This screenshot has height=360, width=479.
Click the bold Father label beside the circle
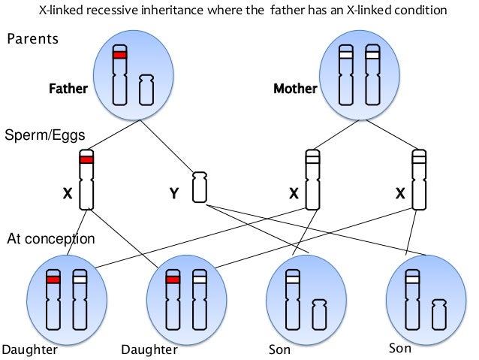coord(68,89)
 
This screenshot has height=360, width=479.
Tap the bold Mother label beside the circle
coord(295,89)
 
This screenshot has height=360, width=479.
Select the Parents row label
coord(32,40)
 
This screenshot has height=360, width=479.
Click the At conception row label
coord(50,239)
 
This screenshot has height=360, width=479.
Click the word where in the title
coord(223,11)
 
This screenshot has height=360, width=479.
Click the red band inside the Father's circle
coord(119,55)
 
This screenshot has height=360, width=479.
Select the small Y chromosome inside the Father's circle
coord(146,89)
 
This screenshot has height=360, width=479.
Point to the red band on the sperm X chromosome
coord(86,159)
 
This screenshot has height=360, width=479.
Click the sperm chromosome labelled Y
coord(199,186)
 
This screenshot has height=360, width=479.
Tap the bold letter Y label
coord(173,194)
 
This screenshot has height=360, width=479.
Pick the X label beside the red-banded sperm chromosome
coord(67,194)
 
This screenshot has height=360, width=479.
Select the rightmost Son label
coord(401,349)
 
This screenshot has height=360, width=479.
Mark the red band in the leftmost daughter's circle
coord(53,280)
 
